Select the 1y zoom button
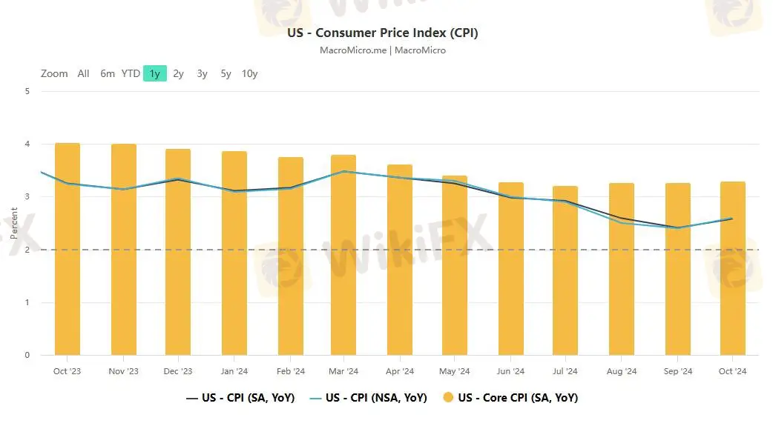[x=154, y=73]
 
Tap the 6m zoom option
[x=108, y=73]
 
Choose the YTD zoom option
[x=131, y=73]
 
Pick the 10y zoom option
[x=249, y=73]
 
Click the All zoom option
[x=83, y=73]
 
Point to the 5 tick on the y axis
[x=27, y=92]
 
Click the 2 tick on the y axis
[x=27, y=250]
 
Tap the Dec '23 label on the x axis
[x=177, y=371]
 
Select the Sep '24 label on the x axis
[x=677, y=371]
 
